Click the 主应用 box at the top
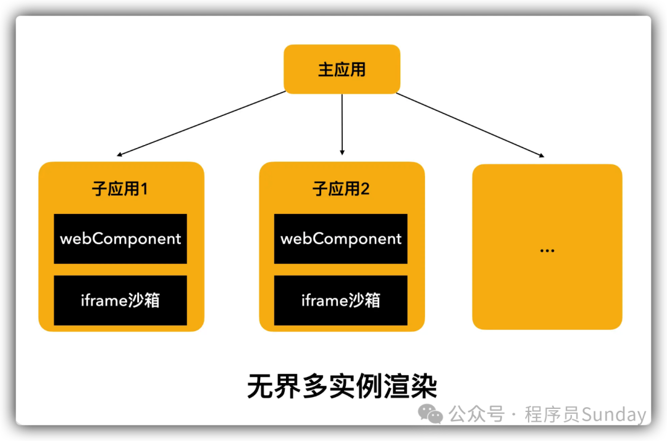(x=342, y=70)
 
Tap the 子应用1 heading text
(x=120, y=189)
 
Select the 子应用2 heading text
(x=341, y=189)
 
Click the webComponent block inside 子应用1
(x=120, y=239)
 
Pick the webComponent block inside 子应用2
(x=341, y=239)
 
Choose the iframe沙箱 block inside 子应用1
(x=120, y=300)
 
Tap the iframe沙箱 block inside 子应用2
(x=341, y=300)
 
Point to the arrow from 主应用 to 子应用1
(x=201, y=123)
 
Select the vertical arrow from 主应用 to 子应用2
(x=342, y=123)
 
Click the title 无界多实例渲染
(x=342, y=387)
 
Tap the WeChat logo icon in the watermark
(x=430, y=414)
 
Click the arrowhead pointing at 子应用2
(x=342, y=151)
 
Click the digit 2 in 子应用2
(x=365, y=189)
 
